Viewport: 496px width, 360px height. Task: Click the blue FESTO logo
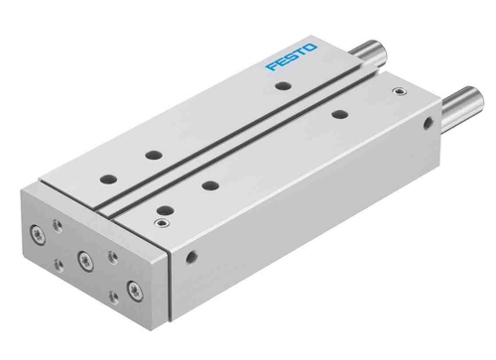tap(292, 58)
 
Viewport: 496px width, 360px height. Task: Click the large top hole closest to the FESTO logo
tap(283, 87)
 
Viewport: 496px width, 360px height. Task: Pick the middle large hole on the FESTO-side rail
tap(152, 154)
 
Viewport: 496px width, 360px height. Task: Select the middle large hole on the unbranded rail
tap(210, 183)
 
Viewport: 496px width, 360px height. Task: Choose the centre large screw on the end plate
tap(84, 261)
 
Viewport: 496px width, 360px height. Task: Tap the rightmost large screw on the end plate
tap(133, 293)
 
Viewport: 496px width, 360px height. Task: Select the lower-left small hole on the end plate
tap(57, 263)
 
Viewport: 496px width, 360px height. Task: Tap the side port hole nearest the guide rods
tap(428, 126)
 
